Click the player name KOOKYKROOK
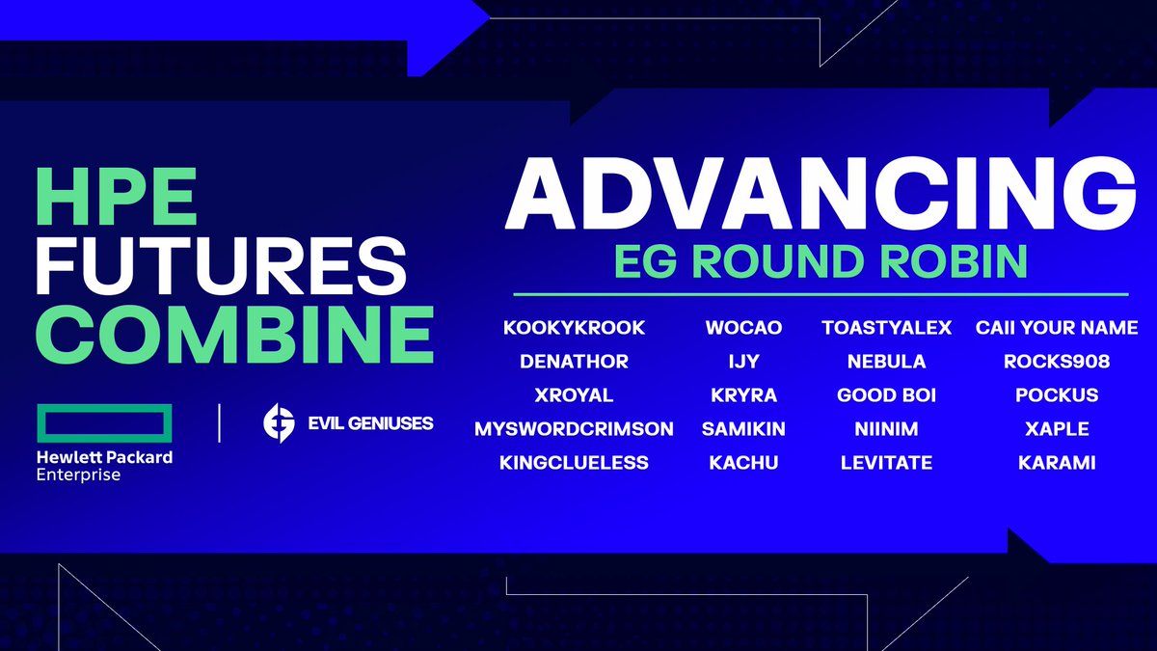point(574,328)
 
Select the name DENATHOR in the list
point(574,362)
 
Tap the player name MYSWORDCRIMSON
point(574,428)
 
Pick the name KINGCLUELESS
point(574,463)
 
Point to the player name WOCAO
point(742,328)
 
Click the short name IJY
point(742,362)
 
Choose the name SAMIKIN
point(742,428)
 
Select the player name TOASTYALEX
point(886,328)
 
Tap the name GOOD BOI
point(886,395)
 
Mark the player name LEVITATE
point(886,463)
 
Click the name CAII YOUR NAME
point(1057,328)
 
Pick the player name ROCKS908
point(1057,362)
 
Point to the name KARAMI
point(1057,463)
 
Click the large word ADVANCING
point(820,193)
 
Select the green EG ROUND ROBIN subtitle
point(820,263)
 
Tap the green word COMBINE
point(234,335)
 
